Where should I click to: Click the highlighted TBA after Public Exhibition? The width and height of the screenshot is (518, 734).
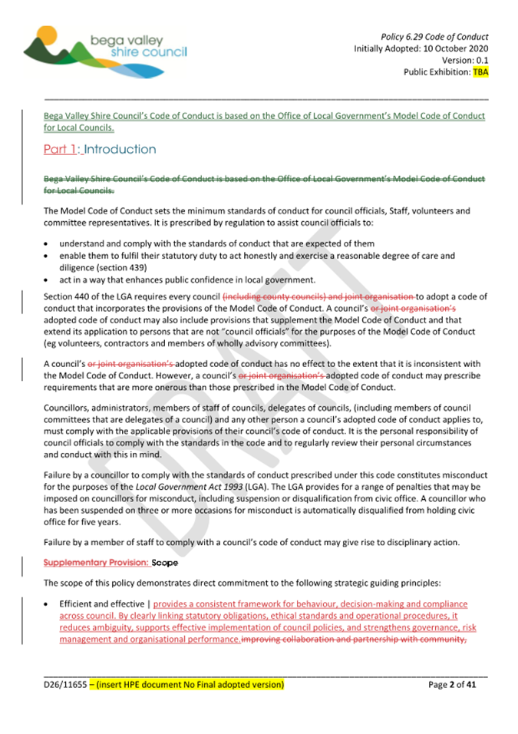pyautogui.click(x=480, y=72)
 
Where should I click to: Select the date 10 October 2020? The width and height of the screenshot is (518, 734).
pyautogui.click(x=450, y=48)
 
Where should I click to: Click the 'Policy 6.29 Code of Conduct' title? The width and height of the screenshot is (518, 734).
pyautogui.click(x=434, y=37)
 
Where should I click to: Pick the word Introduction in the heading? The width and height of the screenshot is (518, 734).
pyautogui.click(x=120, y=150)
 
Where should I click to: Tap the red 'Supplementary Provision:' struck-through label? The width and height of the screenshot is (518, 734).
pyautogui.click(x=96, y=563)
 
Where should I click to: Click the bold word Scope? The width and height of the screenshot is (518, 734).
pyautogui.click(x=165, y=563)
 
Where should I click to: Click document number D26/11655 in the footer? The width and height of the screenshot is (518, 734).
pyautogui.click(x=64, y=683)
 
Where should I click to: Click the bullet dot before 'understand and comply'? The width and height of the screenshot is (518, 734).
pyautogui.click(x=47, y=243)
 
